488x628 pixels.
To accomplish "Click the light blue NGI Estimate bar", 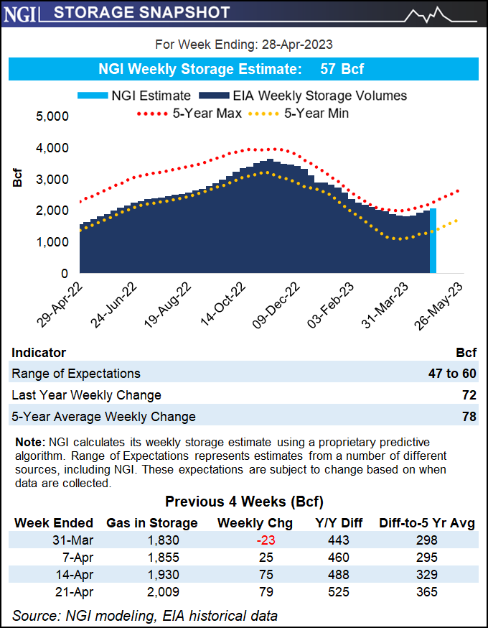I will [433, 241].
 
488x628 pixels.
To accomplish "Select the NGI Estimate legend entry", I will [141, 96].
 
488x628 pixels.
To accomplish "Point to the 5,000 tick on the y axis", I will [52, 116].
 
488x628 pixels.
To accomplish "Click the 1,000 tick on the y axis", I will [52, 242].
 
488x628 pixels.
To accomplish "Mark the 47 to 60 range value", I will [449, 374].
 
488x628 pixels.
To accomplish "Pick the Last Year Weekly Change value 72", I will [469, 395].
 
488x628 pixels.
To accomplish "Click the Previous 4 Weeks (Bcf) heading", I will [243, 501].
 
